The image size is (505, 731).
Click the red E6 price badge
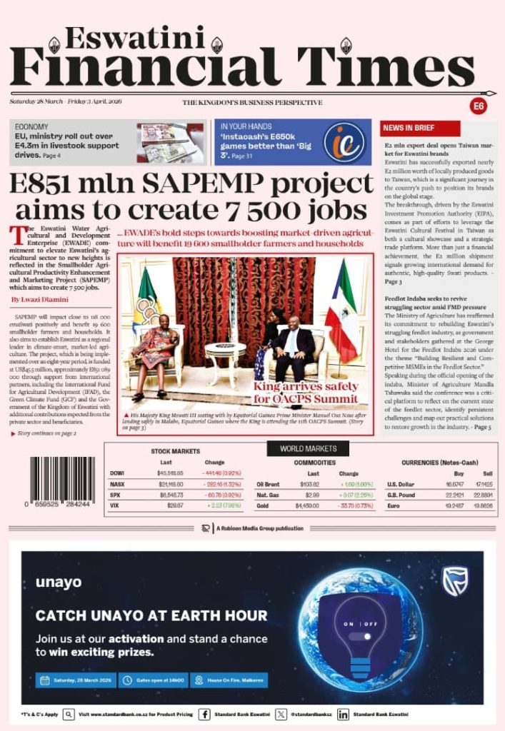pyautogui.click(x=479, y=106)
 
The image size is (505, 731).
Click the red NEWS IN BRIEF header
pyautogui.click(x=408, y=128)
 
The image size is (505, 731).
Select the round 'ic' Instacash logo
pyautogui.click(x=344, y=142)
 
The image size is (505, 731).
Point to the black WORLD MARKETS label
pyautogui.click(x=308, y=448)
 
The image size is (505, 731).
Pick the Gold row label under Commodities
pyautogui.click(x=262, y=505)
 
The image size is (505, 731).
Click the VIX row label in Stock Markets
pyautogui.click(x=114, y=505)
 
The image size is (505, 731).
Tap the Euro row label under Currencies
pyautogui.click(x=393, y=505)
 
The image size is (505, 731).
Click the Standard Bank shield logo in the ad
pyautogui.click(x=455, y=580)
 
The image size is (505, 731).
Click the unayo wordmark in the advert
pyautogui.click(x=59, y=583)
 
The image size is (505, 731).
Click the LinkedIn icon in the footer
pyautogui.click(x=343, y=714)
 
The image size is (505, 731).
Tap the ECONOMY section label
pyautogui.click(x=32, y=126)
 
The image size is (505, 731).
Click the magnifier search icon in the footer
pyautogui.click(x=69, y=714)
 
